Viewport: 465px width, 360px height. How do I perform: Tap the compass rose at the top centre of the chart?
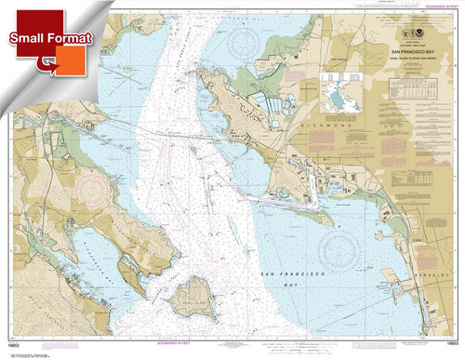(x=247, y=39)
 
